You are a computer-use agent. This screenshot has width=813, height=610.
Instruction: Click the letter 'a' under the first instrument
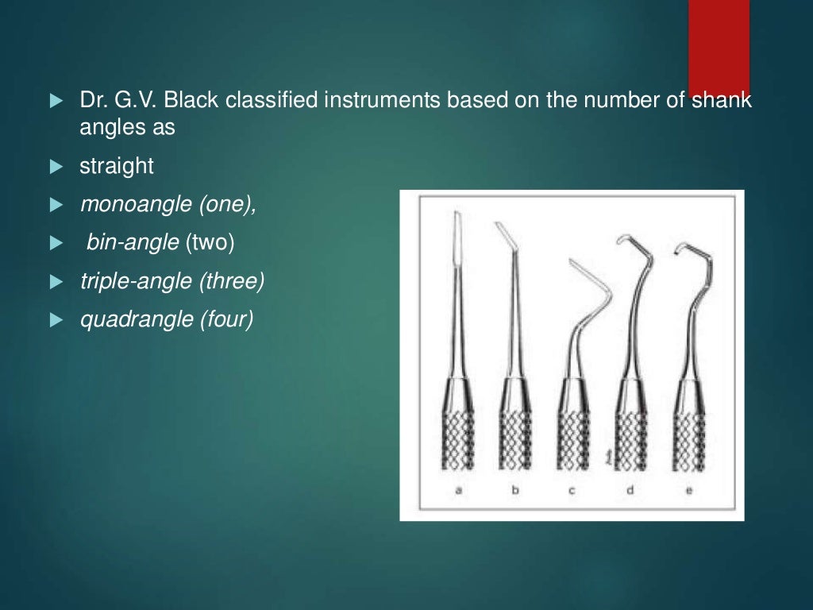coord(459,491)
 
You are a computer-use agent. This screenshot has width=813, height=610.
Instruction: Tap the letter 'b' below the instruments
coord(515,491)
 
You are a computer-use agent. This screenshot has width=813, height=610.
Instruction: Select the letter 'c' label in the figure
coord(572,491)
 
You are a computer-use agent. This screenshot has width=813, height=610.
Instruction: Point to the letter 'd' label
coord(630,491)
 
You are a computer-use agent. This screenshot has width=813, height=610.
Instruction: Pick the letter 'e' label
coord(688,491)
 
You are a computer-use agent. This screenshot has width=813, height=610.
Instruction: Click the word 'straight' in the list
coord(116,166)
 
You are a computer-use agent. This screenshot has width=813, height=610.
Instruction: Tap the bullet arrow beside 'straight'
coord(55,167)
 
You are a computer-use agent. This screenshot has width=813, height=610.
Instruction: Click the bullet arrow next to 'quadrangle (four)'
coord(55,320)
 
